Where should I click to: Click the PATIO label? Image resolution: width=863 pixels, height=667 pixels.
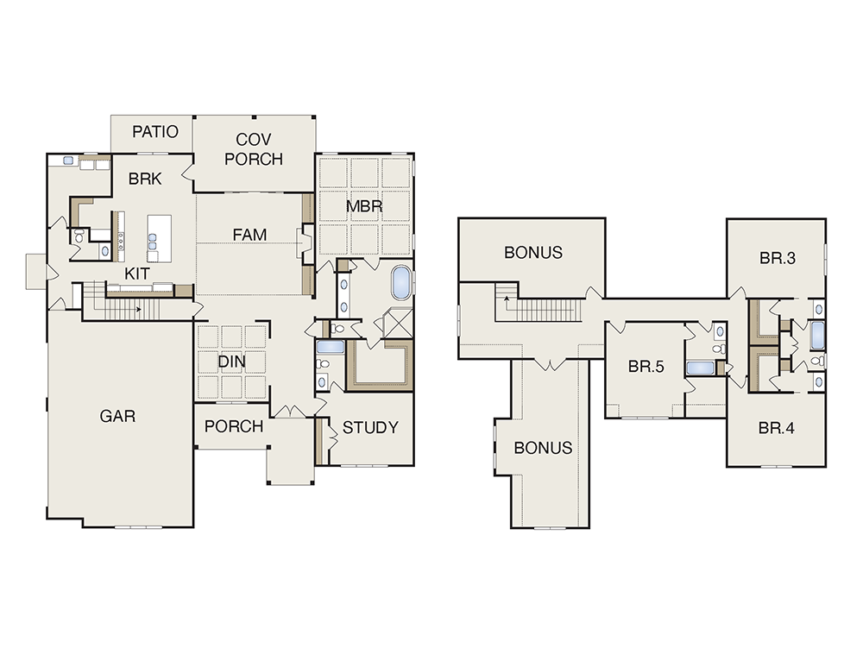tap(155, 131)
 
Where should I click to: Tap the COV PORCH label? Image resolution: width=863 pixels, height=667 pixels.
tap(254, 149)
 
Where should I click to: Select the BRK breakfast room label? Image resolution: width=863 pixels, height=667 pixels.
tap(145, 179)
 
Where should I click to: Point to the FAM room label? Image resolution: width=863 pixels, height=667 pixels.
tap(249, 235)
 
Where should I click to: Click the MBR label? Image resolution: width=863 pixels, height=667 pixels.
tap(364, 207)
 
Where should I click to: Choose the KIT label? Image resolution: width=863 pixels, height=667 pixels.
tap(136, 274)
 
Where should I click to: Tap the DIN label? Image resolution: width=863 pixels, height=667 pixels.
tap(231, 362)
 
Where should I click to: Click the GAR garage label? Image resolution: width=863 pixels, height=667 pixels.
tap(117, 416)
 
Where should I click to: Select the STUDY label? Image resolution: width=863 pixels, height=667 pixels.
tap(370, 428)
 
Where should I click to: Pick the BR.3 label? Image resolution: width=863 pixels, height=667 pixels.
tap(778, 258)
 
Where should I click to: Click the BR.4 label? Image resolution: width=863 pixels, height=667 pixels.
tap(776, 428)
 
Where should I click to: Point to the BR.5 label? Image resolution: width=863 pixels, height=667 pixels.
tap(646, 367)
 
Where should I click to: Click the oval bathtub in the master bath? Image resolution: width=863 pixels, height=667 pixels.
tap(400, 283)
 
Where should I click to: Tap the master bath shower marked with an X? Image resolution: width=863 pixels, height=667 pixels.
tap(397, 323)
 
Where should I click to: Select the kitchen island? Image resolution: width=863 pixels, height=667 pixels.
tap(159, 239)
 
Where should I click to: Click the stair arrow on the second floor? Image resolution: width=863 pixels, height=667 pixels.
tap(505, 299)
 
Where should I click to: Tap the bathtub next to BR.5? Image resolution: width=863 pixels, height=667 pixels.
tap(700, 368)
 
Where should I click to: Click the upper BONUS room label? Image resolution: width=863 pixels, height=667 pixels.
tap(533, 253)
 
